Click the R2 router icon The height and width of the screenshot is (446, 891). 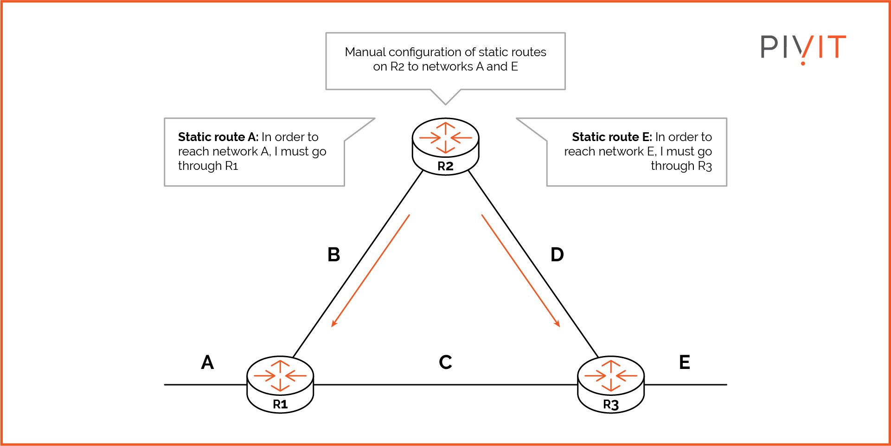[445, 145]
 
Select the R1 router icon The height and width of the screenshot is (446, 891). [280, 383]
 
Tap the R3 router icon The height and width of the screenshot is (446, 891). [610, 383]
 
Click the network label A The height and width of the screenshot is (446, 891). [207, 362]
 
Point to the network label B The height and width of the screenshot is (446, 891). [333, 255]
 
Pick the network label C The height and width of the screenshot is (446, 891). [445, 362]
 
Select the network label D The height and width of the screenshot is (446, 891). [557, 255]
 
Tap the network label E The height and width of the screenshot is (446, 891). [684, 362]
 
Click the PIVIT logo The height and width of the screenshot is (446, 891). [803, 48]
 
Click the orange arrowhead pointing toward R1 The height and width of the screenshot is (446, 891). [333, 323]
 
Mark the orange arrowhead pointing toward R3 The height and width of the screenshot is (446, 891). [558, 323]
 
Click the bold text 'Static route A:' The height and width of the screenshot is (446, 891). [218, 137]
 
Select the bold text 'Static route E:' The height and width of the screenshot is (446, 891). [611, 137]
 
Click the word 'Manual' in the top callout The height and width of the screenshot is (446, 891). [365, 52]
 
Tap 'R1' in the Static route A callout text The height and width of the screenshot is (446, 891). [231, 166]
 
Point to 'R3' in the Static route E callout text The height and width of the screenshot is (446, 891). [705, 166]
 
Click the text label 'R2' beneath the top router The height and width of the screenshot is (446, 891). [445, 166]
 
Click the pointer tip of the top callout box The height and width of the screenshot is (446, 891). [445, 103]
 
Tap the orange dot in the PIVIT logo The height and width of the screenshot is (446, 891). [803, 63]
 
